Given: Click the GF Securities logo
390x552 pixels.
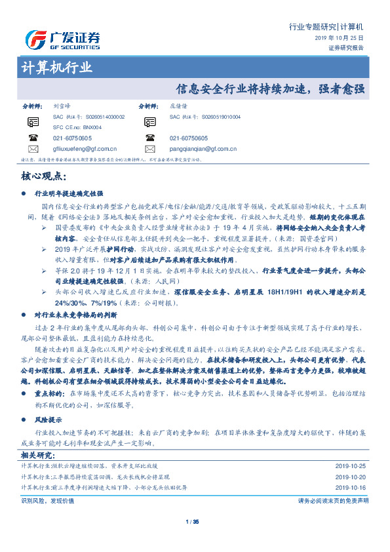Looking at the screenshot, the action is tap(62, 39).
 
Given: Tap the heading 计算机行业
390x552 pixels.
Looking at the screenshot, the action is tap(57, 68).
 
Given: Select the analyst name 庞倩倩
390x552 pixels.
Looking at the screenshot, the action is tap(178, 106).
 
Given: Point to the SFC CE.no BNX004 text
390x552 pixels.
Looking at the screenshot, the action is tap(77, 127).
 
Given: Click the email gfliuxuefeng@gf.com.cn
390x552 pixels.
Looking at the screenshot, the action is tap(85, 149).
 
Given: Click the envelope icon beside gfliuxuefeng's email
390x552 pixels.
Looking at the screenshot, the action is tap(33, 149).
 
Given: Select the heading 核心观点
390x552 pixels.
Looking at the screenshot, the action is tap(43, 176).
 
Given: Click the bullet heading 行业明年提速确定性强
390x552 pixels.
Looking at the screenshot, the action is tap(69, 194).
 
